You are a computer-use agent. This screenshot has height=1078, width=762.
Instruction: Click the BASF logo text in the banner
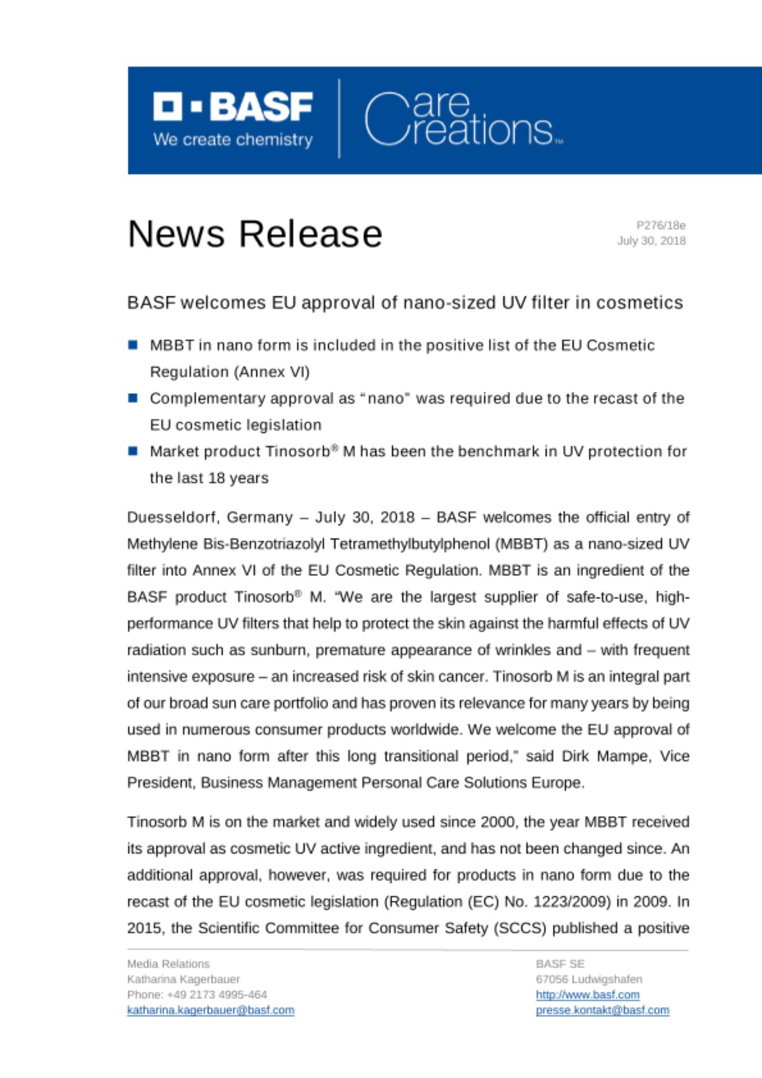point(233,107)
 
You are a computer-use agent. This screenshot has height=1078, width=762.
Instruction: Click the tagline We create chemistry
point(233,140)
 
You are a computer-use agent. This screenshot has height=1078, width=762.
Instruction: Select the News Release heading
point(255,234)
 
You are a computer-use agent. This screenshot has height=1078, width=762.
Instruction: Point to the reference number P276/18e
point(660,225)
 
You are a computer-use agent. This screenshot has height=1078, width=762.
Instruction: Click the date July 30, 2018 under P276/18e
point(651,241)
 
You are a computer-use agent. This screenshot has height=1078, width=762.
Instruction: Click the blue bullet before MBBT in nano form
point(133,345)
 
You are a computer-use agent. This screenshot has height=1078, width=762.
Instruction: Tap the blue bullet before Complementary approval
point(133,398)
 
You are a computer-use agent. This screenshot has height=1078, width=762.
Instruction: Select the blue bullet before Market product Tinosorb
point(133,451)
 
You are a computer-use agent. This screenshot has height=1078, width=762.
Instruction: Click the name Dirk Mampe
point(606,756)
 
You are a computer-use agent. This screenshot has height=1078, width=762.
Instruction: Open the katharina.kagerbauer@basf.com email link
point(211,1010)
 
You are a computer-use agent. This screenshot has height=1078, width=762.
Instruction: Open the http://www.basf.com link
point(587,994)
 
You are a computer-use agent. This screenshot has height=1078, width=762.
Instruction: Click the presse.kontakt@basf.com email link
point(602,1010)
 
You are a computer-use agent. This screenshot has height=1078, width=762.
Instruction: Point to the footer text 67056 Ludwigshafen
point(588,979)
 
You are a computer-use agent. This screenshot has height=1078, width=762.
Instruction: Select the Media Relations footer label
point(168,964)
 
